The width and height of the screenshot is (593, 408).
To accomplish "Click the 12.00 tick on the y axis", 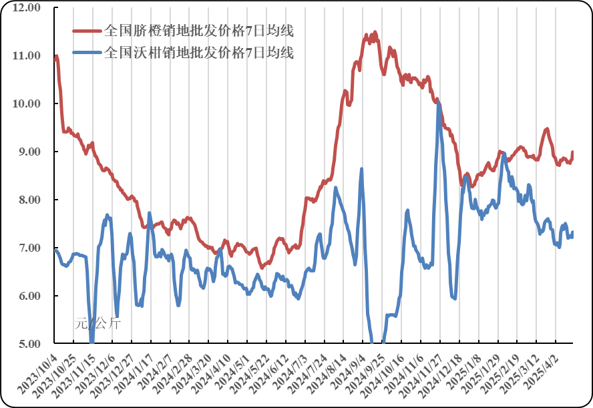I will [28, 8].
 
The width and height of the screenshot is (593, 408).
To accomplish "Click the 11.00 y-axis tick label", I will [28, 56].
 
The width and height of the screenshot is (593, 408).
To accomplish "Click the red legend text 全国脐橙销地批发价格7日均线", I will [199, 31].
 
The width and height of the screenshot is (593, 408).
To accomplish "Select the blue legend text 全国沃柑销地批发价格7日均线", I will [199, 52].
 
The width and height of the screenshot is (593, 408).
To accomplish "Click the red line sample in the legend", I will [87, 31].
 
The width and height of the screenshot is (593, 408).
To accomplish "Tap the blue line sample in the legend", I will [87, 52].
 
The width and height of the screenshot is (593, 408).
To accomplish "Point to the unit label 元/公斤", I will [97, 325].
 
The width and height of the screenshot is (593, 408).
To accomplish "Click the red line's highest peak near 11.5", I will [375, 32].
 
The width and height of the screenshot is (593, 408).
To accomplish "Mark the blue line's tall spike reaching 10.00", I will [438, 102].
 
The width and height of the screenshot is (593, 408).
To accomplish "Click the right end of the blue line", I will [572, 232].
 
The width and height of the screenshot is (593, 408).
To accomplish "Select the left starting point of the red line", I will [55, 59].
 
